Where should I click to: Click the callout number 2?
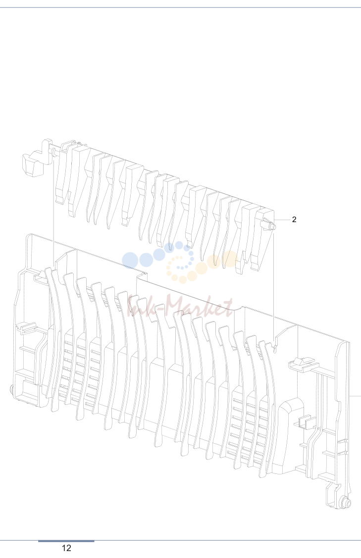[x=294, y=220]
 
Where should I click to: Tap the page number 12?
[x=66, y=548]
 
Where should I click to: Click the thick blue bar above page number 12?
[x=66, y=541]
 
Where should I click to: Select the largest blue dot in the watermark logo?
[x=130, y=260]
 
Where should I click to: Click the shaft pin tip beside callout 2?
[x=273, y=226]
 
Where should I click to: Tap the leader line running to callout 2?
[x=283, y=220]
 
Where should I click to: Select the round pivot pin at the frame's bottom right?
[x=346, y=503]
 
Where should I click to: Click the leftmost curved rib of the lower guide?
[x=53, y=338]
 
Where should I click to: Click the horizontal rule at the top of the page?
[x=180, y=7]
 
